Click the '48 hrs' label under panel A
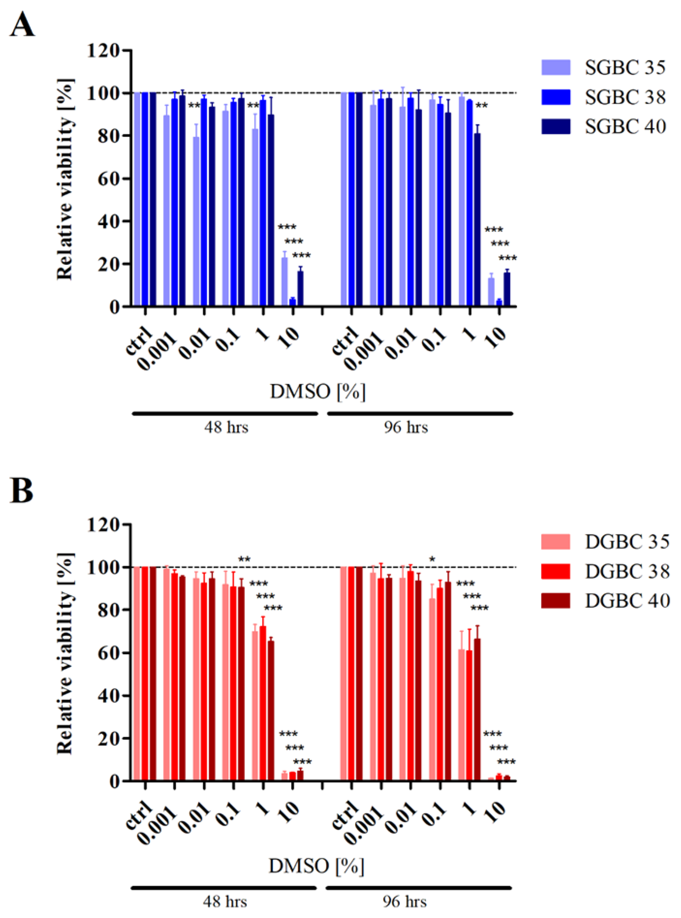(226, 427)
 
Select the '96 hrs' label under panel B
(405, 902)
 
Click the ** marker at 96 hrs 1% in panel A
(481, 106)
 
